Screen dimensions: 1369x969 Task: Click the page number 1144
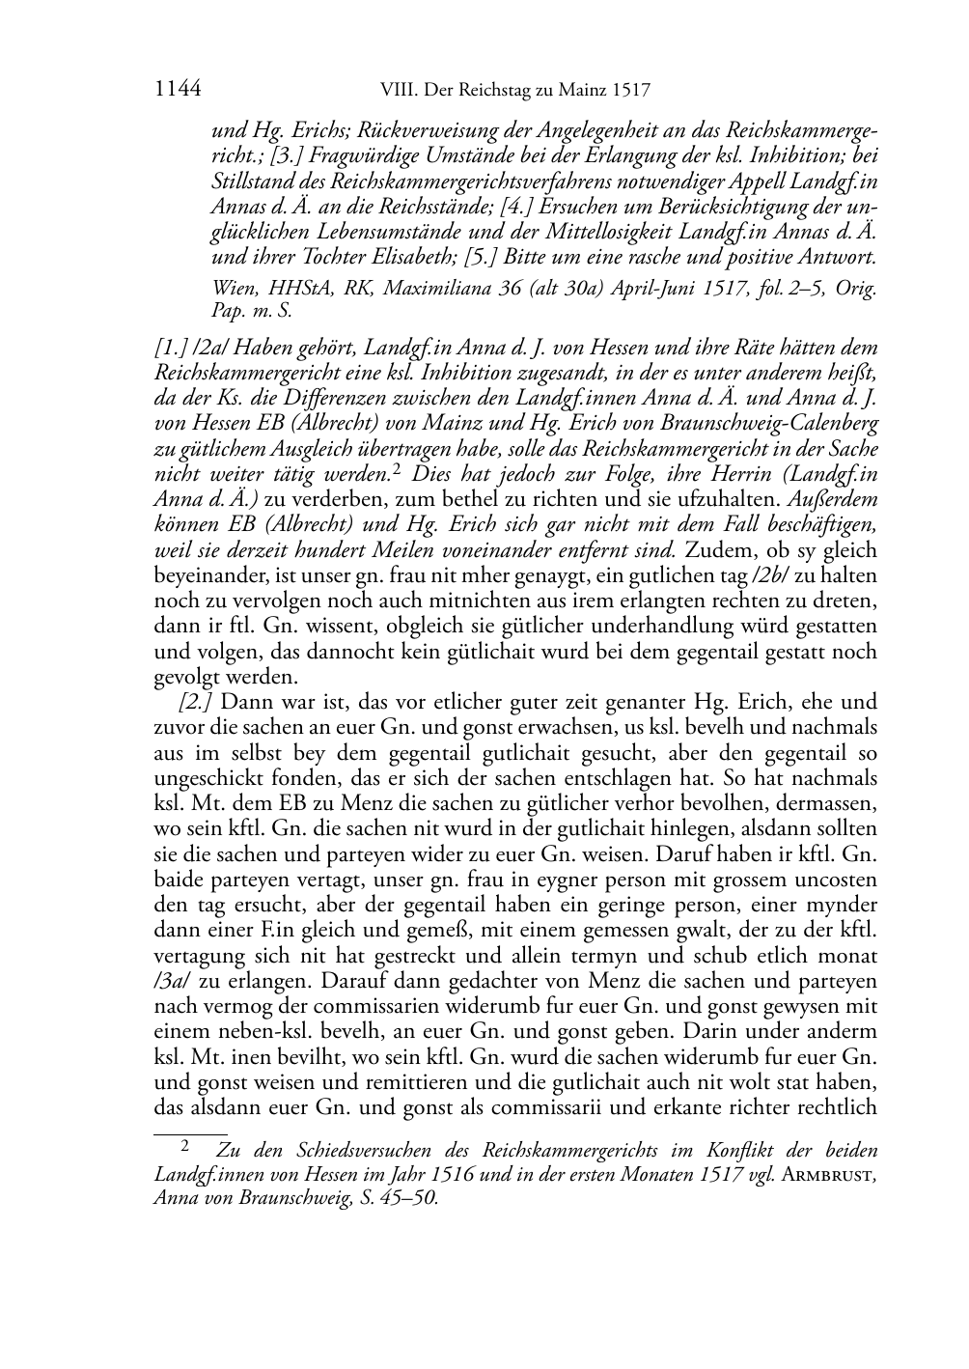pyautogui.click(x=177, y=91)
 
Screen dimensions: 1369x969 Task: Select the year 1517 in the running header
pyautogui.click(x=630, y=92)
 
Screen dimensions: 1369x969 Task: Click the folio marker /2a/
pyautogui.click(x=210, y=349)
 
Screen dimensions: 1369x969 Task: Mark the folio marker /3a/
pyautogui.click(x=176, y=980)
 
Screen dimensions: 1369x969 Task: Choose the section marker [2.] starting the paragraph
pyautogui.click(x=197, y=701)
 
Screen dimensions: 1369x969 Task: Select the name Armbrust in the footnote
pyautogui.click(x=828, y=1175)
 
